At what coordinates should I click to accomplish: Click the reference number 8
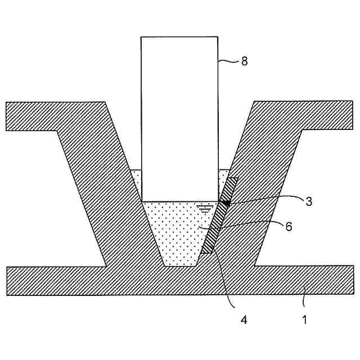(x=244, y=61)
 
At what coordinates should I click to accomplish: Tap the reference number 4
(x=244, y=319)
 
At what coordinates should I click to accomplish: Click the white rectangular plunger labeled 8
(x=179, y=118)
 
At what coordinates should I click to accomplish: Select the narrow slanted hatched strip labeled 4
(x=219, y=225)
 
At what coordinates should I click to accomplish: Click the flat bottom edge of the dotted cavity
(x=180, y=265)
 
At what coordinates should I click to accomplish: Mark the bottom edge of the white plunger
(x=179, y=201)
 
